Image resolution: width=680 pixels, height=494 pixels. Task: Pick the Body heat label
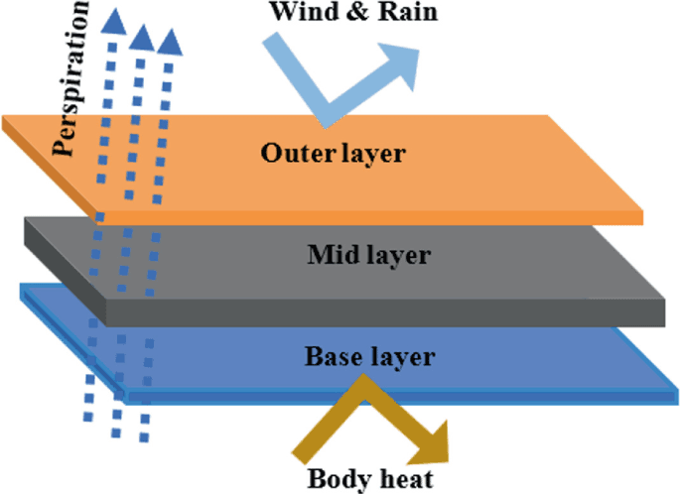click(369, 479)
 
